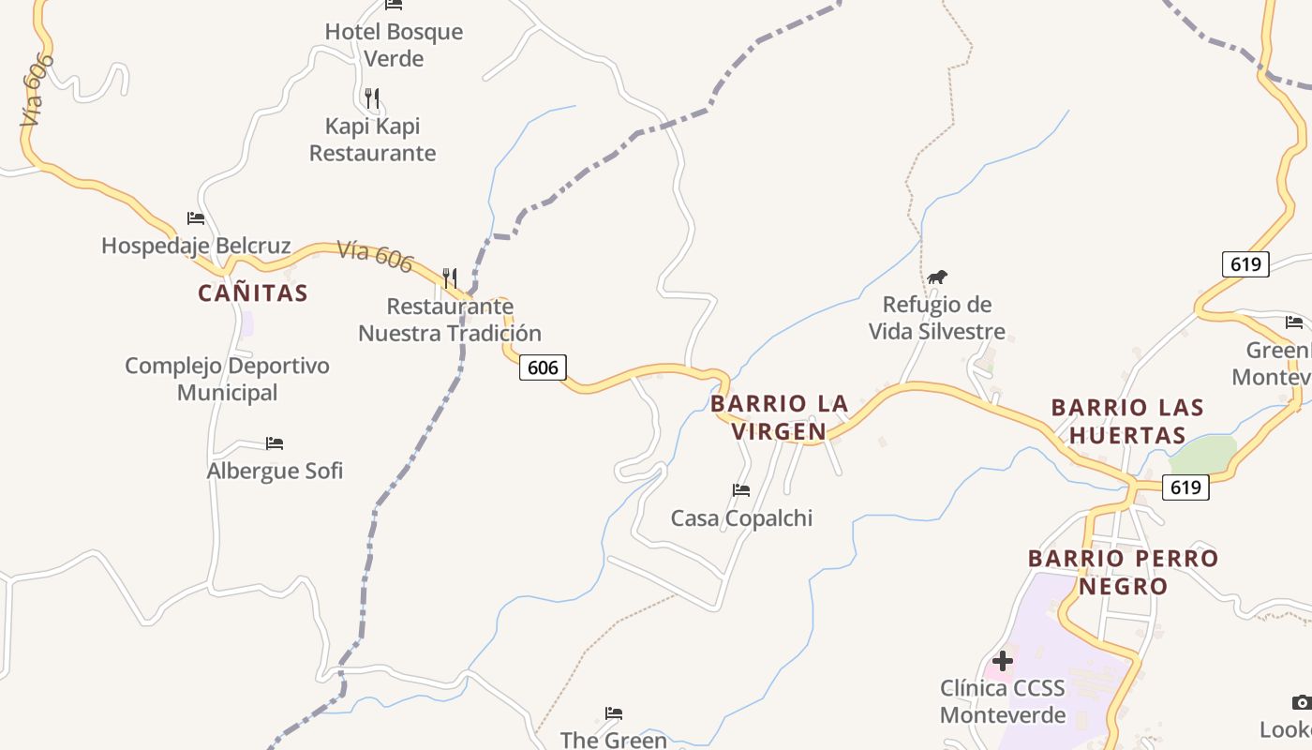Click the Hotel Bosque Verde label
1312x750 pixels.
coord(394,45)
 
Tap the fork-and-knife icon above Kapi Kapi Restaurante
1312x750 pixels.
coord(372,98)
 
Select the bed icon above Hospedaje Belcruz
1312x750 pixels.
coord(196,218)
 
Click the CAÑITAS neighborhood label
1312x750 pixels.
coord(253,292)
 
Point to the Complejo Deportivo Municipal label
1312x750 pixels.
coord(228,379)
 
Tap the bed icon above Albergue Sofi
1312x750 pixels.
coord(275,443)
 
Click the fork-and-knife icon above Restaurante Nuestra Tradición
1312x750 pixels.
coord(450,277)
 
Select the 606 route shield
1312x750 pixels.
coord(543,367)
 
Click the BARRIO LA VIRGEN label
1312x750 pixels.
coord(780,417)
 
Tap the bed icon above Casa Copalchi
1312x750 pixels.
coord(741,490)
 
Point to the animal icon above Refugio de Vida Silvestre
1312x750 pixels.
coord(937,277)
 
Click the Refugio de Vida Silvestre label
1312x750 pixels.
coord(937,318)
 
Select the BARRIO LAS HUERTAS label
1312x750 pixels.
coord(1127,421)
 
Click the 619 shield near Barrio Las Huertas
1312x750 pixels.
coord(1185,487)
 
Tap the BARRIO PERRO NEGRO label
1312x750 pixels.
coord(1123,572)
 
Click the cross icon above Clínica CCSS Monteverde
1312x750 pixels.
coord(1003,661)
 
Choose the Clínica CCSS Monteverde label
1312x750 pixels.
coord(1003,701)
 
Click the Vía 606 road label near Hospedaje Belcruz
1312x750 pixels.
coord(375,257)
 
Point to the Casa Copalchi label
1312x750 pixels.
coord(741,518)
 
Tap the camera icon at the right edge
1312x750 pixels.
coord(1301,703)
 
